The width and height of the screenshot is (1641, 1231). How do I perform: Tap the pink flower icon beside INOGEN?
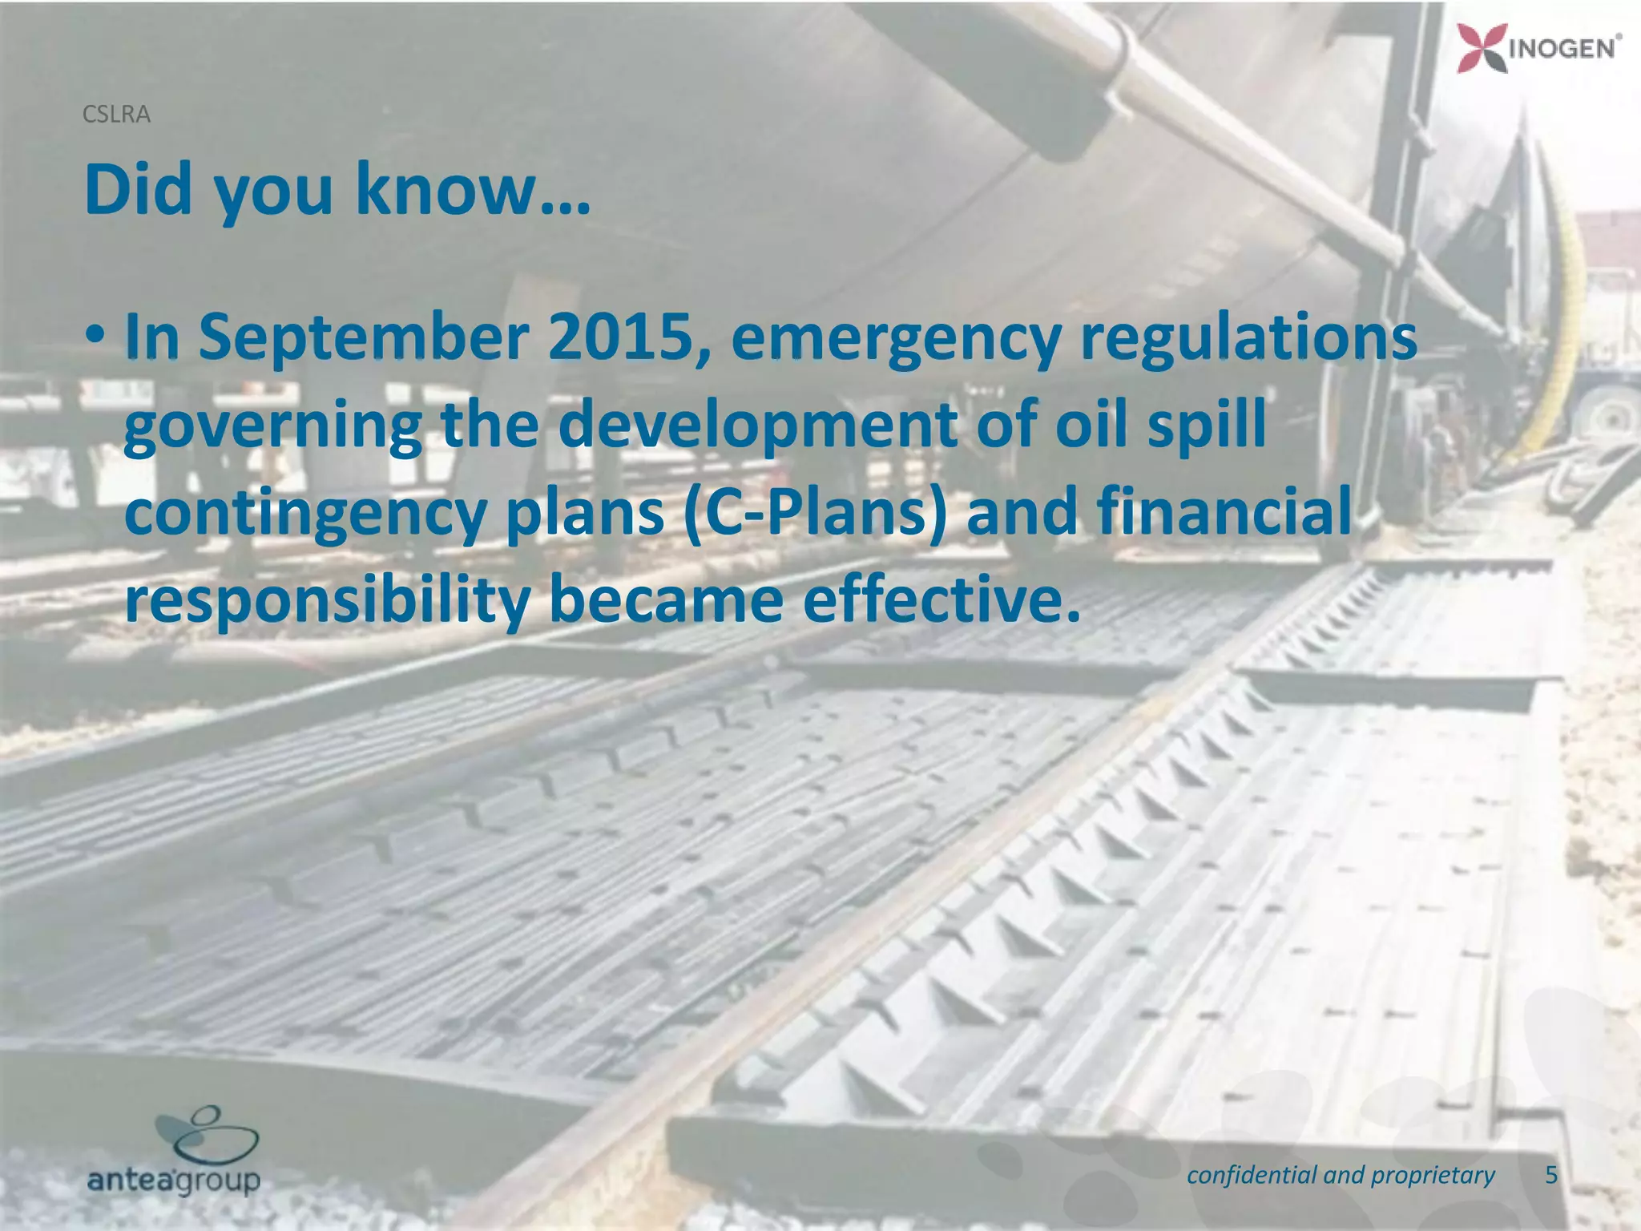coord(1481,48)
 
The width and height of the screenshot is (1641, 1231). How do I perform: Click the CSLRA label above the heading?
coord(116,115)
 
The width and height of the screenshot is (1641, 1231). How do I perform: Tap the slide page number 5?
coord(1551,1175)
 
